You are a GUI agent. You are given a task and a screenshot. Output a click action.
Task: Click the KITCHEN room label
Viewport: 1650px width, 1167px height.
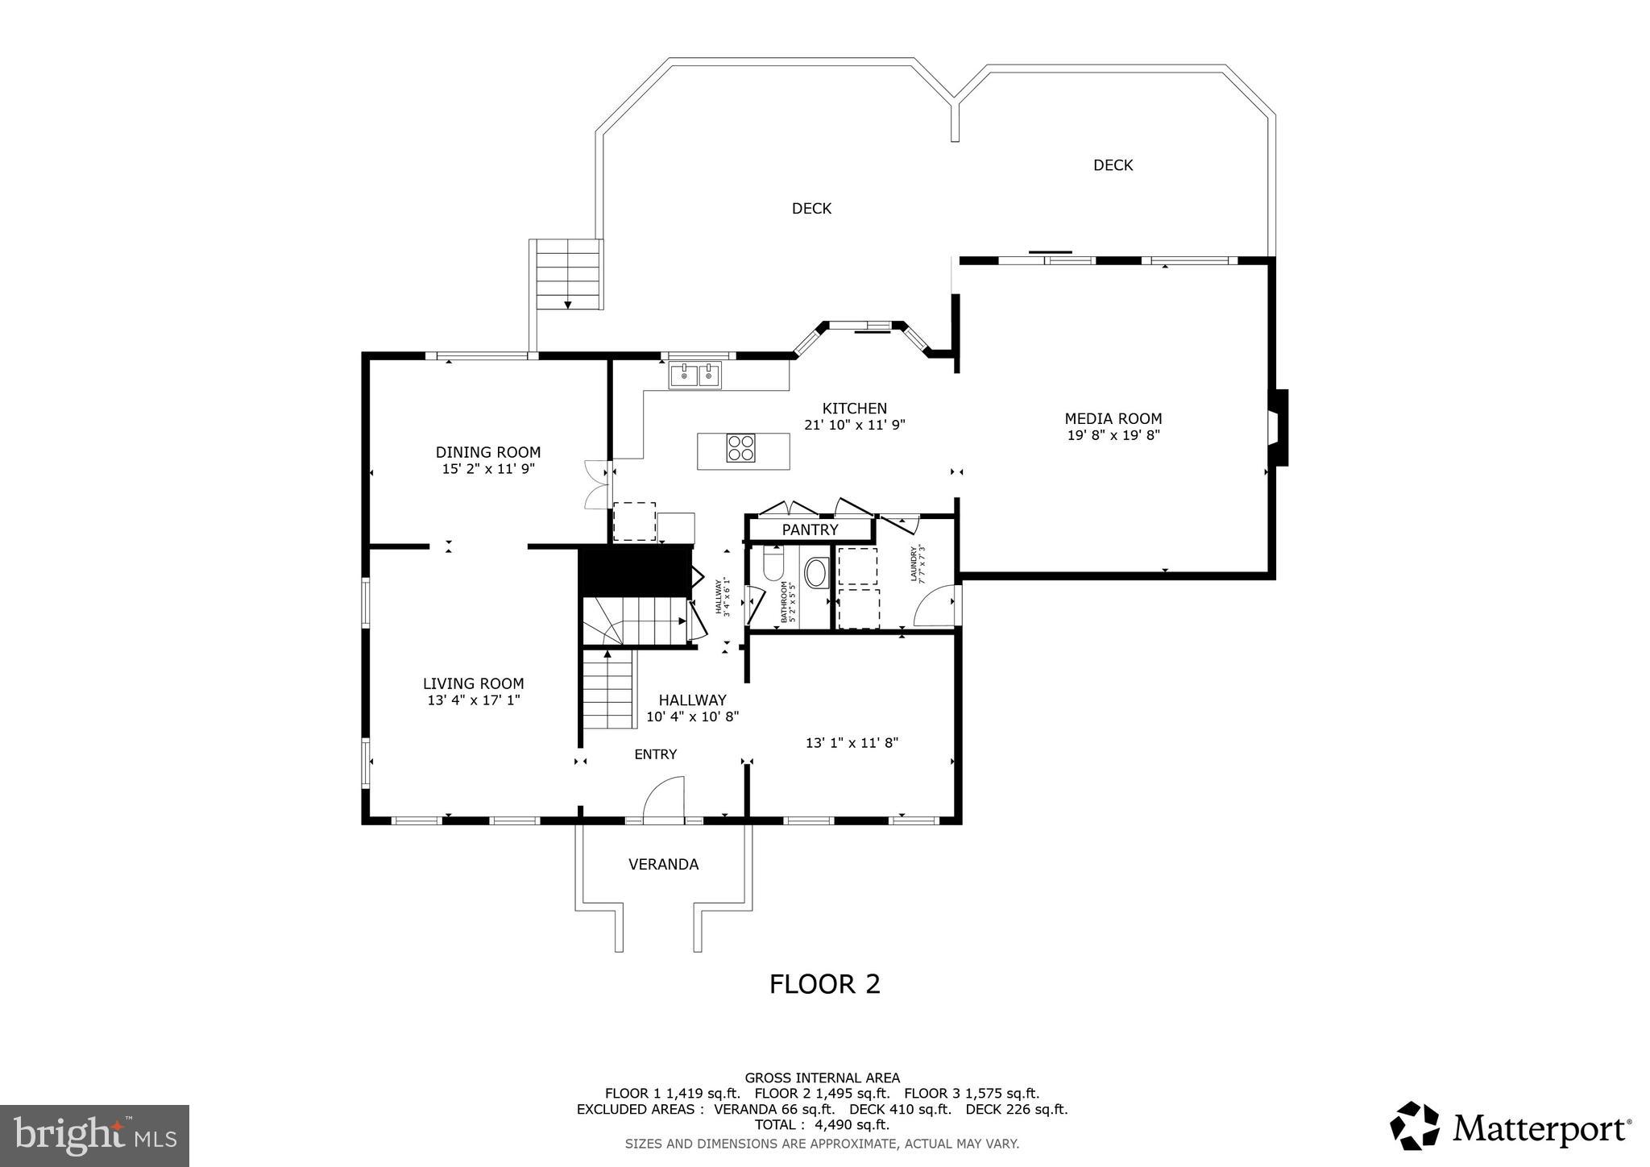coord(854,409)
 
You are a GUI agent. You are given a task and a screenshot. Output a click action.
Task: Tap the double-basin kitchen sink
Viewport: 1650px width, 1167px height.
coord(695,376)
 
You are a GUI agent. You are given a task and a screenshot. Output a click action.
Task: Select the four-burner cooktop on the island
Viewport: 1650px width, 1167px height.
coord(741,447)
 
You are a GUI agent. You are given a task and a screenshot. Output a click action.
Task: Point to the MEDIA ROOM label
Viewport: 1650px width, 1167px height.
coord(1113,418)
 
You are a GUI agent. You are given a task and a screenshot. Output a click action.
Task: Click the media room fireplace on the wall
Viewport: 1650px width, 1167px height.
coord(1278,427)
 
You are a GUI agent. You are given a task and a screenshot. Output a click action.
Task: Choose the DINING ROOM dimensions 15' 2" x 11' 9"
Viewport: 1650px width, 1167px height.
coord(488,468)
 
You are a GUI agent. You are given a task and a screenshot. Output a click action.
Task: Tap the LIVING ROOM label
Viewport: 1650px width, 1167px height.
coord(473,683)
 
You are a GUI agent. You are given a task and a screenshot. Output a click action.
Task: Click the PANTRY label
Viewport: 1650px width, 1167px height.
coord(810,530)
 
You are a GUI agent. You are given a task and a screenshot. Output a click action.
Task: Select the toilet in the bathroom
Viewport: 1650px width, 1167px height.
coord(773,564)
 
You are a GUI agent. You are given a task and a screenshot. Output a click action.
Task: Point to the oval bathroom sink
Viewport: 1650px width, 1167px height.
coord(815,572)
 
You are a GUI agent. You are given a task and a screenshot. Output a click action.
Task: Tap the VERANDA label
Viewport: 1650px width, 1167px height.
coord(663,864)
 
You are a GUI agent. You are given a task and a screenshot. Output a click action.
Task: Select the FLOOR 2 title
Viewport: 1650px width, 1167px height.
coord(824,984)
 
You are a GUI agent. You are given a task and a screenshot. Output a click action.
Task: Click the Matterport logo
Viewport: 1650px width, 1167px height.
coord(1511,1125)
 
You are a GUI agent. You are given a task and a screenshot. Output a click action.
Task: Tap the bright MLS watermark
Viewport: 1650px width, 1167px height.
coord(94,1135)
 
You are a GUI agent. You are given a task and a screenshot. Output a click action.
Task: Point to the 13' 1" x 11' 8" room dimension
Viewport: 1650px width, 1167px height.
coord(852,743)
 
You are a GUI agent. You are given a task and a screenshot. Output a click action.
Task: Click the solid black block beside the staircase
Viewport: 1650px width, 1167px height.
coord(636,571)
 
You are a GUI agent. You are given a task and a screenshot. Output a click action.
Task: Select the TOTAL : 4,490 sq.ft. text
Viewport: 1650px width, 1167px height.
coord(822,1124)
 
